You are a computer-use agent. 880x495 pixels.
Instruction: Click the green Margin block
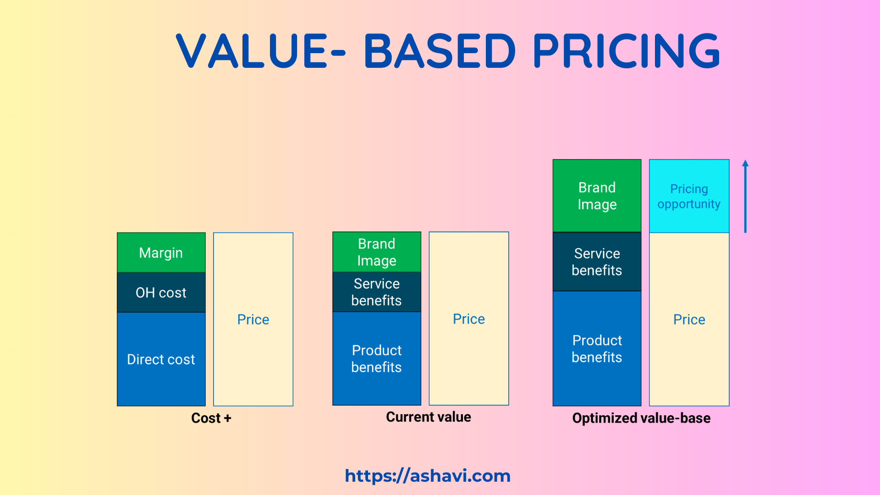point(161,253)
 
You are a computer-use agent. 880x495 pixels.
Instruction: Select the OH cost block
point(161,292)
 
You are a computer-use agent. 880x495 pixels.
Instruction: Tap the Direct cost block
point(161,359)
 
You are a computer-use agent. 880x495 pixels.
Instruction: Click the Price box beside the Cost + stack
point(253,319)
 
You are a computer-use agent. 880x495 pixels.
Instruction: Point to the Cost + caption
point(211,418)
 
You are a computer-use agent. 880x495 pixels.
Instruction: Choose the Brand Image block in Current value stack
point(376,252)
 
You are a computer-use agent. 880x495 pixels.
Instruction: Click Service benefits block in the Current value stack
point(376,292)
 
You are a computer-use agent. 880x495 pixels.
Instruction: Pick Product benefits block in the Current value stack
point(376,358)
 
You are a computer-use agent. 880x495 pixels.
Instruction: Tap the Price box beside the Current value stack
point(468,319)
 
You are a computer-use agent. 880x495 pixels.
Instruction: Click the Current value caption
point(428,417)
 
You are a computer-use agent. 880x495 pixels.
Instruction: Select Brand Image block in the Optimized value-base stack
point(597,196)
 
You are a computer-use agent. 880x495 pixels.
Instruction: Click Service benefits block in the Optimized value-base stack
point(597,262)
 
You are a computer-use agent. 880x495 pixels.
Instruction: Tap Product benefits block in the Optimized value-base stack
point(597,348)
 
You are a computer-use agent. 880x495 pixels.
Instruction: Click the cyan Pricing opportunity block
point(689,196)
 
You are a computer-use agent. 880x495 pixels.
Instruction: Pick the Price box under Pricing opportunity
point(689,319)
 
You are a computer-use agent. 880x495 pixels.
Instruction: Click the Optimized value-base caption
point(641,418)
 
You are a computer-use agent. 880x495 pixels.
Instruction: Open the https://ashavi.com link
point(428,476)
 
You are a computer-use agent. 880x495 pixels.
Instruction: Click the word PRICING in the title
point(626,50)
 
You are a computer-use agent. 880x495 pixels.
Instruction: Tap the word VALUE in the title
point(252,50)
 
